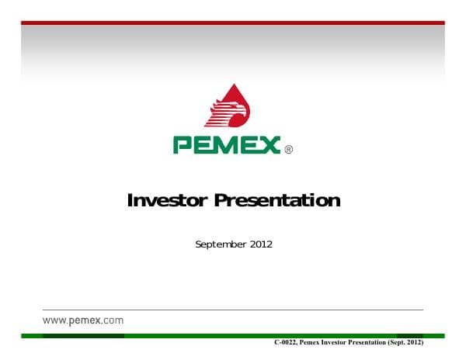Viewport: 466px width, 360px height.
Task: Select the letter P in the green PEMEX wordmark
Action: (183, 145)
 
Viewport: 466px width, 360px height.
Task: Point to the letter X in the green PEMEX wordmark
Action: (269, 145)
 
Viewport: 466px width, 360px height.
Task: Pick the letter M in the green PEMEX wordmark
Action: (225, 145)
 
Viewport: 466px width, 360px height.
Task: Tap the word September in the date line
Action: (221, 245)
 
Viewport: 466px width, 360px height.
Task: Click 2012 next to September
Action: (261, 244)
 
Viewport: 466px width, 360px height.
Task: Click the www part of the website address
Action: (53, 320)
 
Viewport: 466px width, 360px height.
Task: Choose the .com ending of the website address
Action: (112, 320)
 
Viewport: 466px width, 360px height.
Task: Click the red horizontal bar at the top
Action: (233, 22)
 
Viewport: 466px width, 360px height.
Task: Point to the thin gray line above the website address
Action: (233, 310)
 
